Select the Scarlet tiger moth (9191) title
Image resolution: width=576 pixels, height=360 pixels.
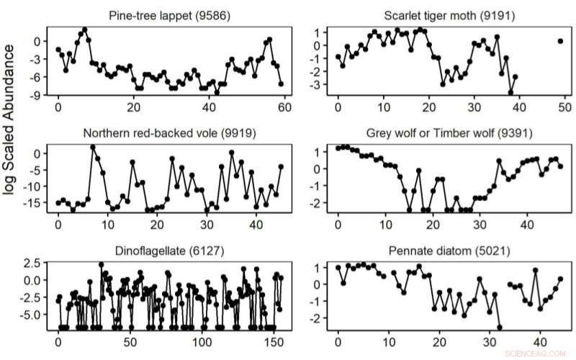pos(445,16)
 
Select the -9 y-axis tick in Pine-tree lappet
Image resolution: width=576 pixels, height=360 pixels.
pos(36,94)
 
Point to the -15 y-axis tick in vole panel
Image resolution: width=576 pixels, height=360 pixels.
pos(33,203)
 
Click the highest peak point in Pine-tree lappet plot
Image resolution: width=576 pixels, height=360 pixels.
pos(85,30)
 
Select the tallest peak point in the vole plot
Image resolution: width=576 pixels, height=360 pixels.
pos(93,148)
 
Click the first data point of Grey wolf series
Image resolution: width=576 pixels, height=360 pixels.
pos(338,148)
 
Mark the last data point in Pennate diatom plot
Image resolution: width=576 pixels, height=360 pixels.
pos(560,279)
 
